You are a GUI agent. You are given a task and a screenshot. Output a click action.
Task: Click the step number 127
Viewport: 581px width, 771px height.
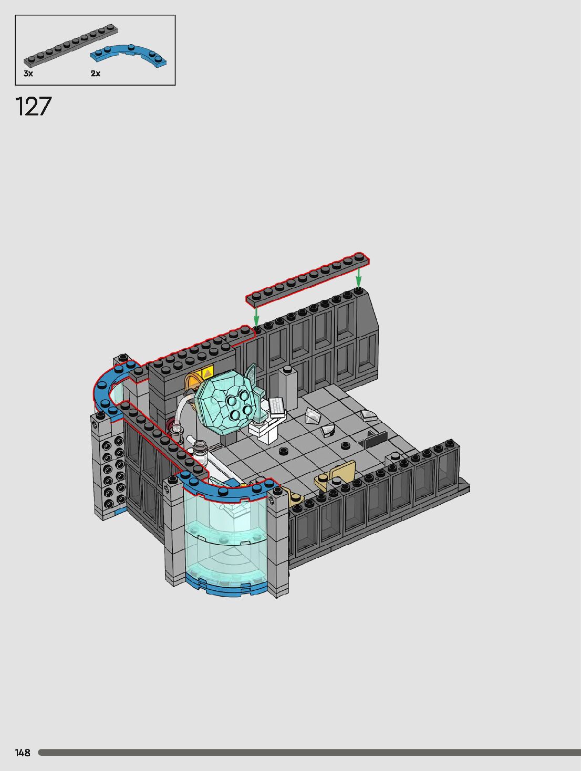[34, 107]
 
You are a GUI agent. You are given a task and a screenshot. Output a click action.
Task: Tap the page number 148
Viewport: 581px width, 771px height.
[23, 753]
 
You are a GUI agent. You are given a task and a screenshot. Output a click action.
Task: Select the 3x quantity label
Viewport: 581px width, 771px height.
[28, 74]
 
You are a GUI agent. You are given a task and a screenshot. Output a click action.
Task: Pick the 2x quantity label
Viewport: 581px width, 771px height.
[96, 74]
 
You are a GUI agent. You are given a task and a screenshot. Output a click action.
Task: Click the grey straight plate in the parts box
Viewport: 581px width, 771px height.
[70, 45]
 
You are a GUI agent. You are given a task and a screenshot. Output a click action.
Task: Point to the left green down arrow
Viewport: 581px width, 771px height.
[256, 317]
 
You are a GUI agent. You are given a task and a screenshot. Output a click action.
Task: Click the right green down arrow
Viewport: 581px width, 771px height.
[358, 277]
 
